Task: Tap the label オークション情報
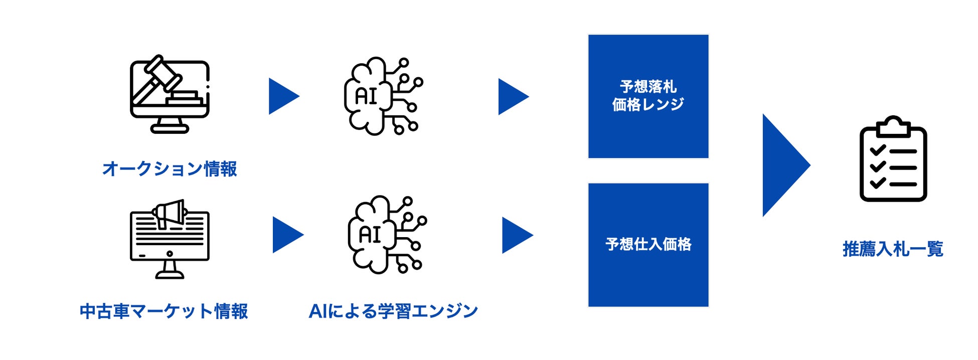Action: point(170,169)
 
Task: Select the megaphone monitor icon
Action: point(170,239)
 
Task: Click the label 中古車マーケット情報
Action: point(164,311)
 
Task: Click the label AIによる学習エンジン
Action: point(393,311)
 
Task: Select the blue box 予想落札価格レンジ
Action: point(648,96)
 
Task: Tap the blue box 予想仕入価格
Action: point(648,245)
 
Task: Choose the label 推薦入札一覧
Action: point(893,249)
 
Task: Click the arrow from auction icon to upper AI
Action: point(282,96)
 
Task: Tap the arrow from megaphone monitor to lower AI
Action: point(286,235)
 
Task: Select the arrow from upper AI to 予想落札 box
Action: point(512,96)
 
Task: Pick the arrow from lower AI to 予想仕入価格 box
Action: point(516,235)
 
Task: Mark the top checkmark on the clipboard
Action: point(878,150)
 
